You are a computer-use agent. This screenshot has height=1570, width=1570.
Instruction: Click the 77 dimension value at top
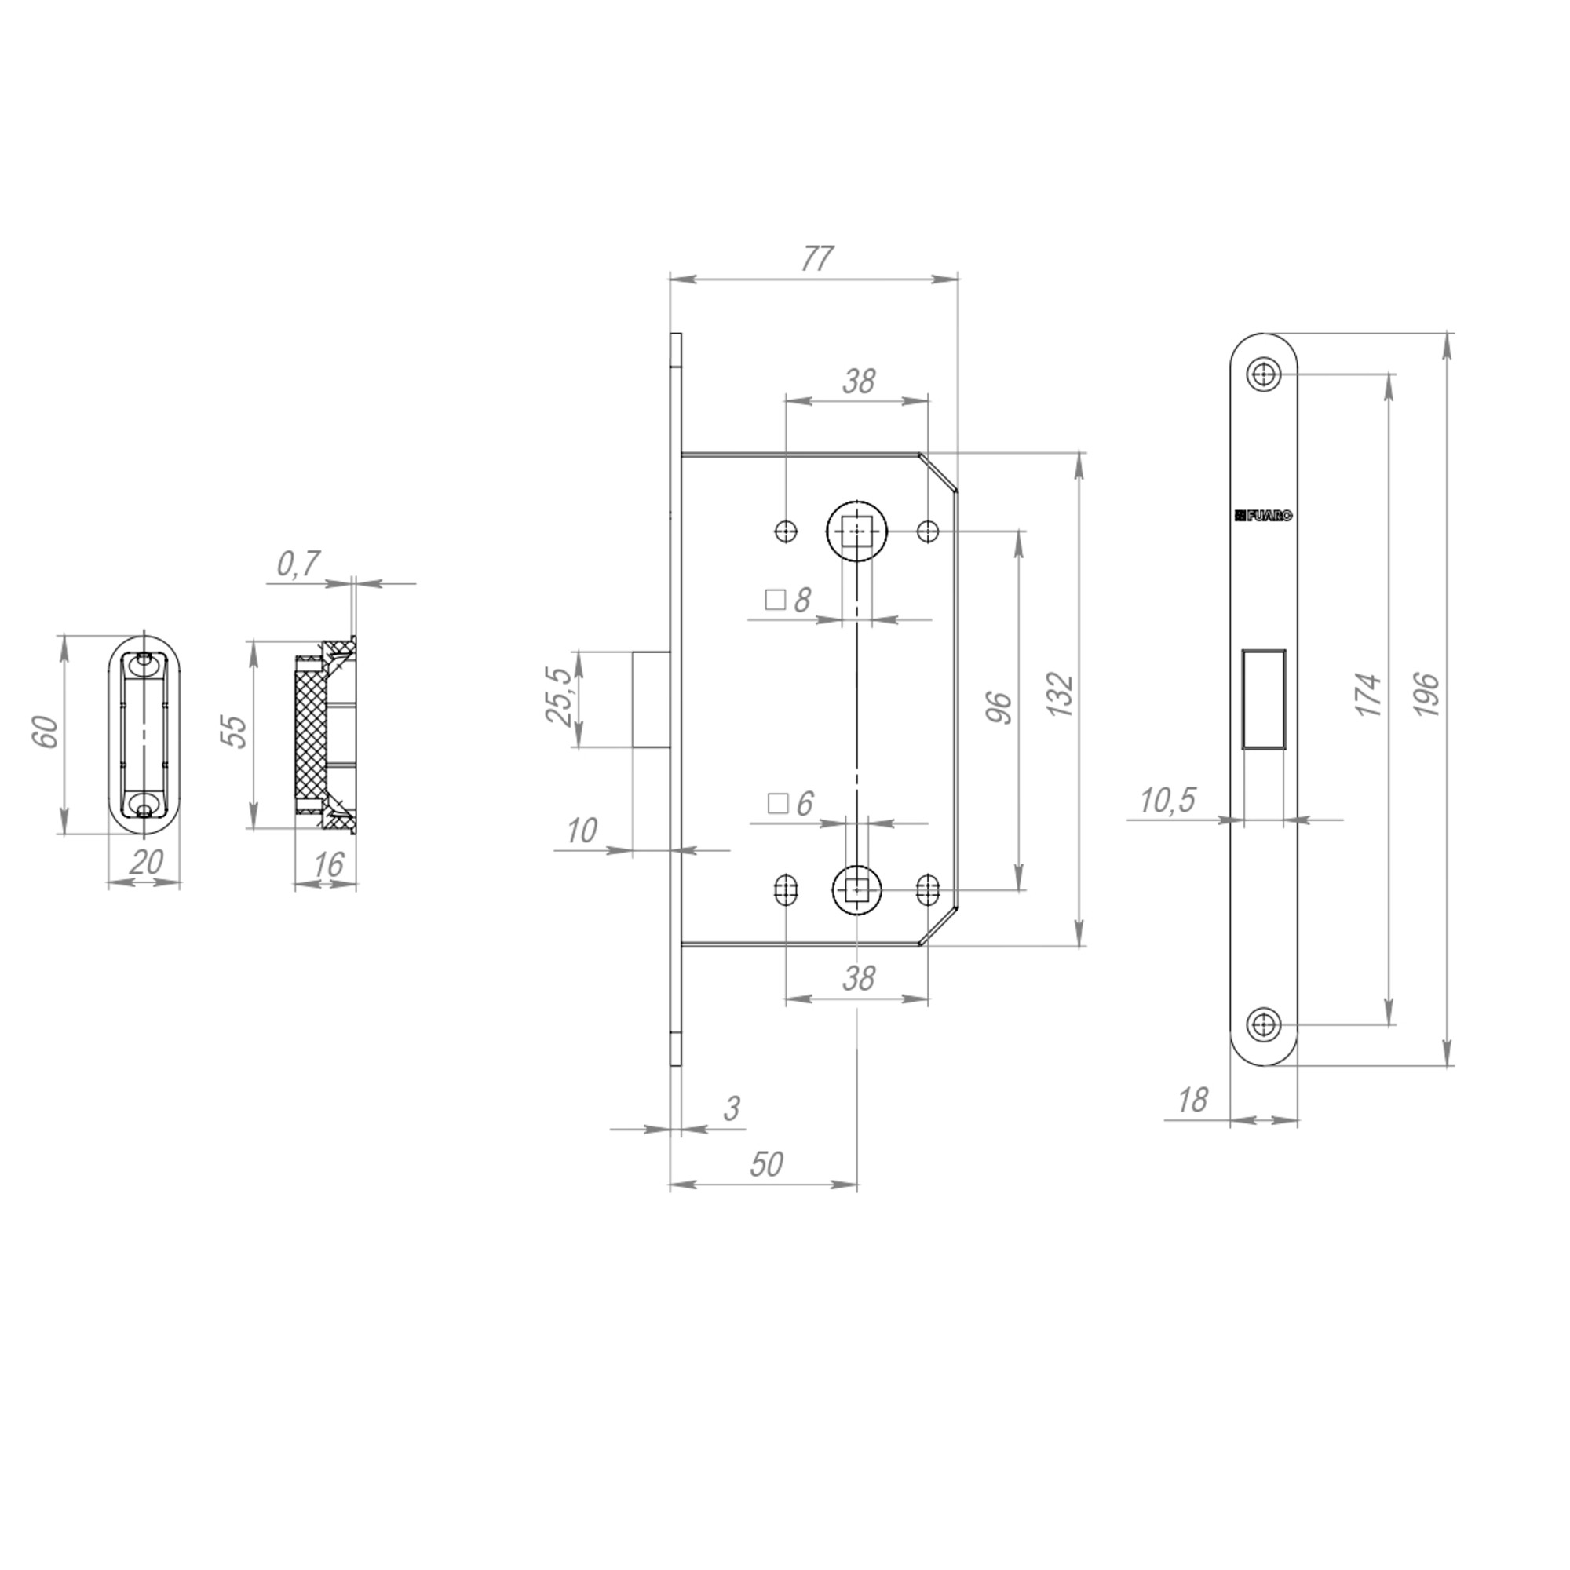(x=816, y=258)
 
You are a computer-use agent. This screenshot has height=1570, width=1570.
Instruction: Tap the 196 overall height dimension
(x=1427, y=694)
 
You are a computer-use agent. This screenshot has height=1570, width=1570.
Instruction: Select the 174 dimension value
(x=1370, y=694)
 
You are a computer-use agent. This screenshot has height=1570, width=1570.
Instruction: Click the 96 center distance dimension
(x=999, y=708)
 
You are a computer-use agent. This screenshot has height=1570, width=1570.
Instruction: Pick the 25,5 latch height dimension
(x=559, y=697)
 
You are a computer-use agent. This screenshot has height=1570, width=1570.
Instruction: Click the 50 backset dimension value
(x=765, y=1164)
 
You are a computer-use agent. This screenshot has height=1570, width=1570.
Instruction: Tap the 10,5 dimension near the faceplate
(x=1167, y=801)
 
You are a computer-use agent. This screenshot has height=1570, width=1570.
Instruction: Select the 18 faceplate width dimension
(x=1192, y=1101)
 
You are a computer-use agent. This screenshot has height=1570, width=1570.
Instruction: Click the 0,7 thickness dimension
(x=299, y=563)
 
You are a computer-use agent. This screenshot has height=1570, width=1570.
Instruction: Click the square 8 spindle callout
(x=789, y=601)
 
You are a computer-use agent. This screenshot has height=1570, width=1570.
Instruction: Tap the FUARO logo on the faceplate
(x=1263, y=515)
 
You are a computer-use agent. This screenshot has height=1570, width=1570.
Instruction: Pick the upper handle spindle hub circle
(x=856, y=531)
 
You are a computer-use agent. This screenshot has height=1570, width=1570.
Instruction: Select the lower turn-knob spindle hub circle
(x=856, y=890)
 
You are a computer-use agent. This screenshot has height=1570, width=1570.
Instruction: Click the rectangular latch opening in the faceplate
(x=1263, y=699)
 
